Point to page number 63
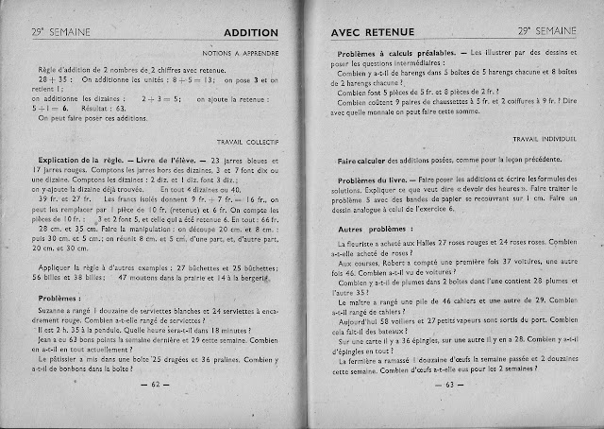pos(454,384)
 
